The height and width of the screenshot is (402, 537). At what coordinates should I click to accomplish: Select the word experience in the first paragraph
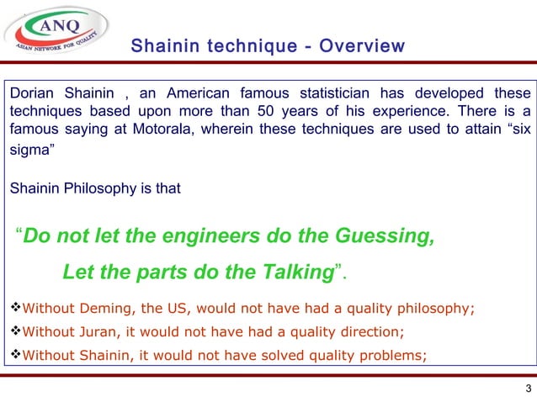click(x=380, y=112)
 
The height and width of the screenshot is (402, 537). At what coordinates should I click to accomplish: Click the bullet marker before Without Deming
click(x=13, y=309)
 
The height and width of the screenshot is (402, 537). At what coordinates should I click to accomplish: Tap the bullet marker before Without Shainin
click(x=13, y=354)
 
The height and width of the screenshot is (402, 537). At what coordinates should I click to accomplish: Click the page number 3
click(x=527, y=389)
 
